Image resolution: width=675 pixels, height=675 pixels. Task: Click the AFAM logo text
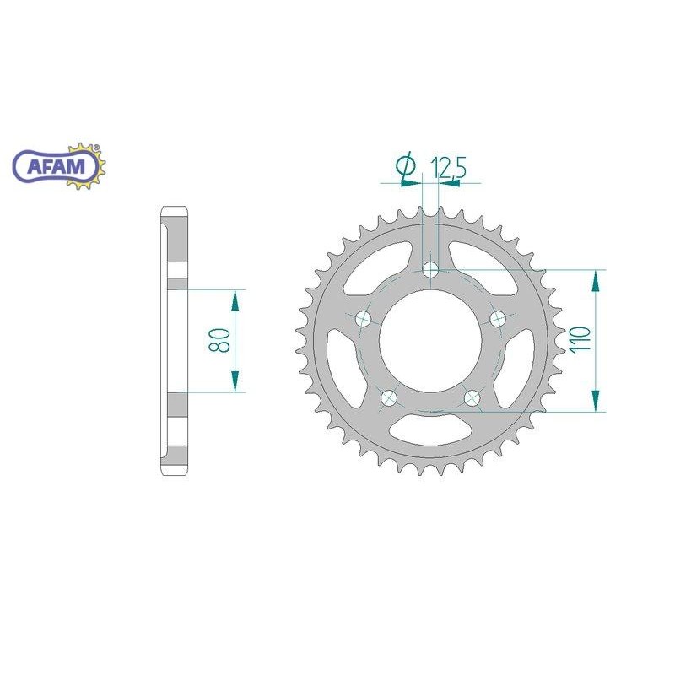[57, 166]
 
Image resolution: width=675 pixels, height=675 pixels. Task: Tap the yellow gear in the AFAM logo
[86, 165]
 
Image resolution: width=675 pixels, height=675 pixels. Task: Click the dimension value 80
[219, 341]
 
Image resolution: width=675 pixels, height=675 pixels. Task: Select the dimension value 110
[580, 341]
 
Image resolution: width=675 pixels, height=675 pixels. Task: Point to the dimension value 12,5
[448, 167]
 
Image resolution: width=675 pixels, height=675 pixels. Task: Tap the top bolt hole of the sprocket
[430, 270]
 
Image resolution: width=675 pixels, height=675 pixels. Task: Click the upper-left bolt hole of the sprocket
[364, 319]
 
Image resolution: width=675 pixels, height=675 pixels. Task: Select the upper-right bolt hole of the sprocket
[498, 319]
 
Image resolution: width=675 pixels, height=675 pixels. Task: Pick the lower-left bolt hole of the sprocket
[389, 397]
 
